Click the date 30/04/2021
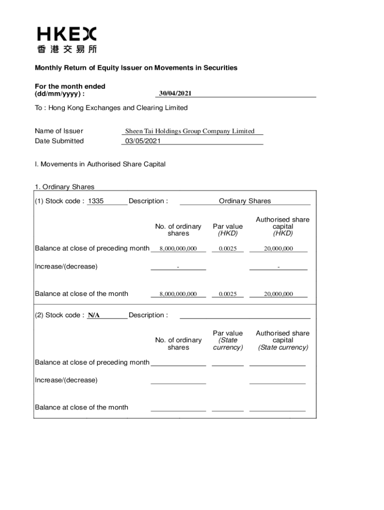176,93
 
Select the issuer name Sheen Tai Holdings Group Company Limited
190,131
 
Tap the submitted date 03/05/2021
143,141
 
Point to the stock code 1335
95,201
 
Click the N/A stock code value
94,315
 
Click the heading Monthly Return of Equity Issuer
136,68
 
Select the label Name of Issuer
59,131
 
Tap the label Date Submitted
59,141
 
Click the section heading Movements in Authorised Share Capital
100,164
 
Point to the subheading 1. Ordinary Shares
64,187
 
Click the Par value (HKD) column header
228,230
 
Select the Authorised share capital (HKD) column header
283,226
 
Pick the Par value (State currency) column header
228,340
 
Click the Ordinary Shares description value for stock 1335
245,201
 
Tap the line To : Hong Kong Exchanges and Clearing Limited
111,108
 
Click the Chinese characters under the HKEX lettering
67,49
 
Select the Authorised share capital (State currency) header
283,340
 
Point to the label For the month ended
70,86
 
